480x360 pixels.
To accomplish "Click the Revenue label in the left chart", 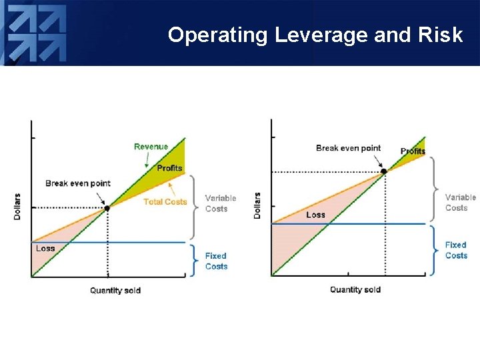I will pos(151,147).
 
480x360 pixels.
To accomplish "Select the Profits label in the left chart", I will pos(169,168).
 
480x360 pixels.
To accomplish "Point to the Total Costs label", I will pos(165,201).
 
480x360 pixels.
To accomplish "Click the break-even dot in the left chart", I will pos(107,208).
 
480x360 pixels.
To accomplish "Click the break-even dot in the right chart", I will pos(383,171).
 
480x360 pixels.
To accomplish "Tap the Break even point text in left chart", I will pos(78,183).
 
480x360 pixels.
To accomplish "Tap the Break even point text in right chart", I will pos(348,148).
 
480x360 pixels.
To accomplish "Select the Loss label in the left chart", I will pos(45,248).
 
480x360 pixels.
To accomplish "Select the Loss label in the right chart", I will pos(316,215).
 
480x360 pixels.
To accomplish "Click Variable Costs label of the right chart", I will pos(460,203).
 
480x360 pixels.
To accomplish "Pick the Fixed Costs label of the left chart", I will pos(216,261).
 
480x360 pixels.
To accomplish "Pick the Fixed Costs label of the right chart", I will pos(456,250).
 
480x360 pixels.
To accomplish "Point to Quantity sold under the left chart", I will pos(115,290).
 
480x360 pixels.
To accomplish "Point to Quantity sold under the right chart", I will pos(355,289).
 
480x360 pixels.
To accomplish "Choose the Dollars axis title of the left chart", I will pos(18,207).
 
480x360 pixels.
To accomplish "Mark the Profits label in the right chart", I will pos(413,151).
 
